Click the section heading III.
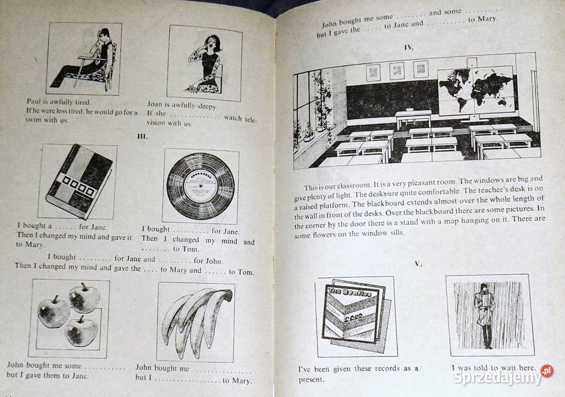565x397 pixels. (143, 137)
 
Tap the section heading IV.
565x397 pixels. (409, 47)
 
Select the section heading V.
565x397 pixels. (418, 264)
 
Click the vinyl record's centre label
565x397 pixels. (200, 186)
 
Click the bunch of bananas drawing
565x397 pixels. (196, 320)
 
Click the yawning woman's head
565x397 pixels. (211, 42)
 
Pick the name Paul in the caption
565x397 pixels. (34, 101)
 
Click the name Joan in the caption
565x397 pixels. (154, 104)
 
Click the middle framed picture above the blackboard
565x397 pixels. (397, 71)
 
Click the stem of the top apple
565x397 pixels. (84, 286)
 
